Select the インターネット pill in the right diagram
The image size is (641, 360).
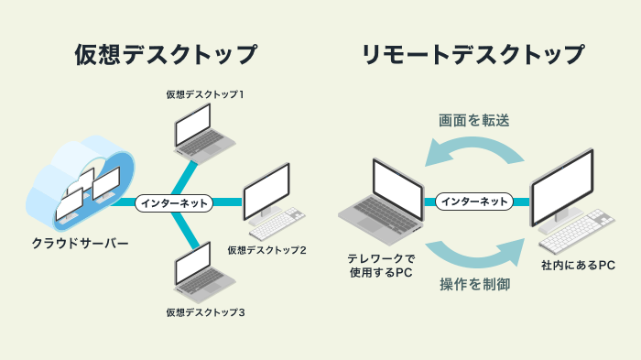click(x=473, y=201)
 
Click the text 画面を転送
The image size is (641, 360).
click(x=474, y=120)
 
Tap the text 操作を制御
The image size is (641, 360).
click(x=474, y=285)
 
